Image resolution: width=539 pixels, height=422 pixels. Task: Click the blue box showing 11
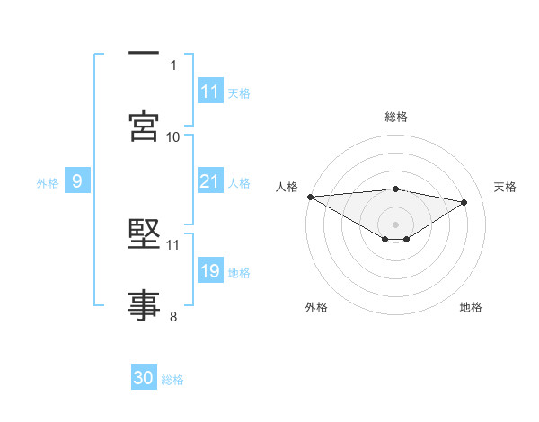click(210, 92)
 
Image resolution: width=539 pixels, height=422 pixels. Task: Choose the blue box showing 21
click(210, 182)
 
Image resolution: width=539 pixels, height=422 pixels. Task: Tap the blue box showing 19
click(210, 272)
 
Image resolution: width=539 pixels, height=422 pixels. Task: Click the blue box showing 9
click(77, 182)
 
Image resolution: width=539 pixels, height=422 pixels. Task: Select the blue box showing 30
click(144, 379)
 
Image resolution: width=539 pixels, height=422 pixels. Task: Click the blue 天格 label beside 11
click(239, 92)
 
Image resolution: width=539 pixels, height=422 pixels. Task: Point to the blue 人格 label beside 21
click(239, 183)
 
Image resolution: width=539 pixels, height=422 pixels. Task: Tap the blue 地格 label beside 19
click(239, 273)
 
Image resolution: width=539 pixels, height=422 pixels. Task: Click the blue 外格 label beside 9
click(48, 183)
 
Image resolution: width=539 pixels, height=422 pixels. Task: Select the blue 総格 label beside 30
click(172, 380)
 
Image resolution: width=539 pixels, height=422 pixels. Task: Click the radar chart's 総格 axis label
click(395, 117)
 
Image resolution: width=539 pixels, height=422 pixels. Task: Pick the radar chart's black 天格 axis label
click(506, 187)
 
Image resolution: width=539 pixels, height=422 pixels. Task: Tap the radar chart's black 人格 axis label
click(287, 187)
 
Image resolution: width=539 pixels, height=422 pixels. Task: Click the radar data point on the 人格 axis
click(310, 197)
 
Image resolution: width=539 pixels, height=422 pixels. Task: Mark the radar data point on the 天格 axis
click(464, 202)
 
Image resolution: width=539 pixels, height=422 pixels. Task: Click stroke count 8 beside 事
click(172, 316)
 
